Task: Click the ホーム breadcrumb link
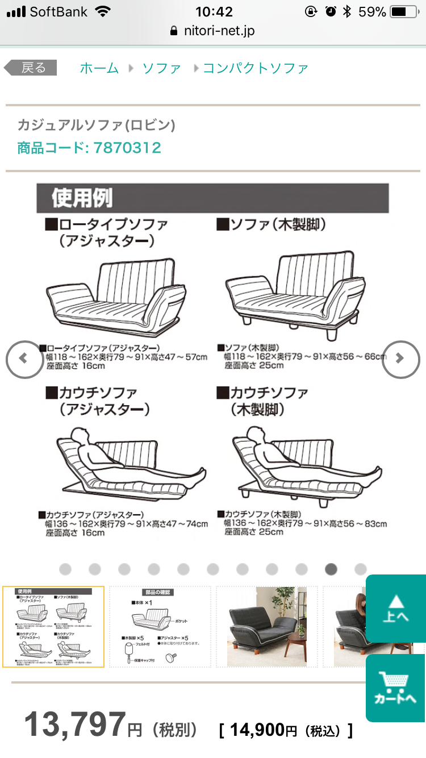[99, 68]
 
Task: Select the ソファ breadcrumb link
[161, 68]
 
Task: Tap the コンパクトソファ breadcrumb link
[256, 68]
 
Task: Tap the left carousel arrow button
[23, 359]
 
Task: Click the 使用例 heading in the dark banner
[82, 198]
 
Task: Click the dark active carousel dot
[331, 569]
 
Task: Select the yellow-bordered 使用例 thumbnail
[53, 626]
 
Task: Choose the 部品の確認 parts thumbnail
[160, 626]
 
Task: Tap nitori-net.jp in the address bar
[219, 31]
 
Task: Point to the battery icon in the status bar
[404, 11]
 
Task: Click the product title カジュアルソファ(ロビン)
[96, 125]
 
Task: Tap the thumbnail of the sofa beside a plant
[267, 626]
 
